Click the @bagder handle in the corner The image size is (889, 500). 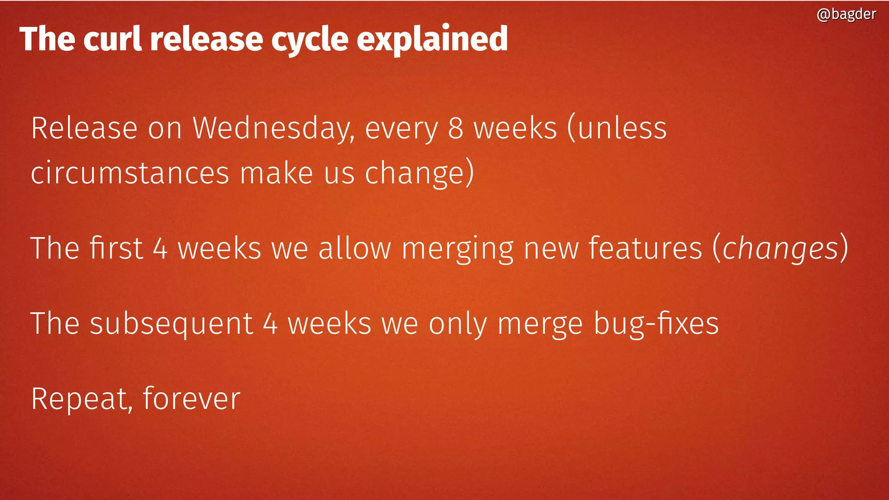pyautogui.click(x=846, y=14)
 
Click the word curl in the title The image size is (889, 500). pyautogui.click(x=112, y=39)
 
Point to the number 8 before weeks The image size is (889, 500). pyautogui.click(x=456, y=128)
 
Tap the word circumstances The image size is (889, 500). pyautogui.click(x=130, y=173)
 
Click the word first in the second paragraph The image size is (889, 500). pyautogui.click(x=116, y=248)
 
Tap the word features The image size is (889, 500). pyautogui.click(x=645, y=248)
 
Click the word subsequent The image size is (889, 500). pyautogui.click(x=171, y=324)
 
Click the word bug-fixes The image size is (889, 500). pyautogui.click(x=656, y=324)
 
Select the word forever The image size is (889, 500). pyautogui.click(x=191, y=398)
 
